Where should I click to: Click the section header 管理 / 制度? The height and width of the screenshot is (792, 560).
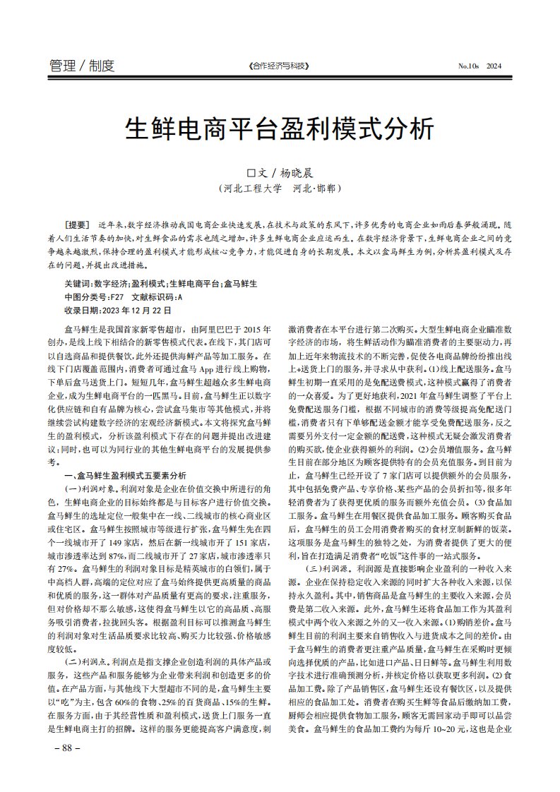click(82, 66)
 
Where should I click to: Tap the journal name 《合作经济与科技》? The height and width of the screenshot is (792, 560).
click(280, 66)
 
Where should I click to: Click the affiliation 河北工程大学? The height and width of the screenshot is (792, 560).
click(252, 189)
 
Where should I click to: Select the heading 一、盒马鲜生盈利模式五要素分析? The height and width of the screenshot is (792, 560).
click(126, 476)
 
